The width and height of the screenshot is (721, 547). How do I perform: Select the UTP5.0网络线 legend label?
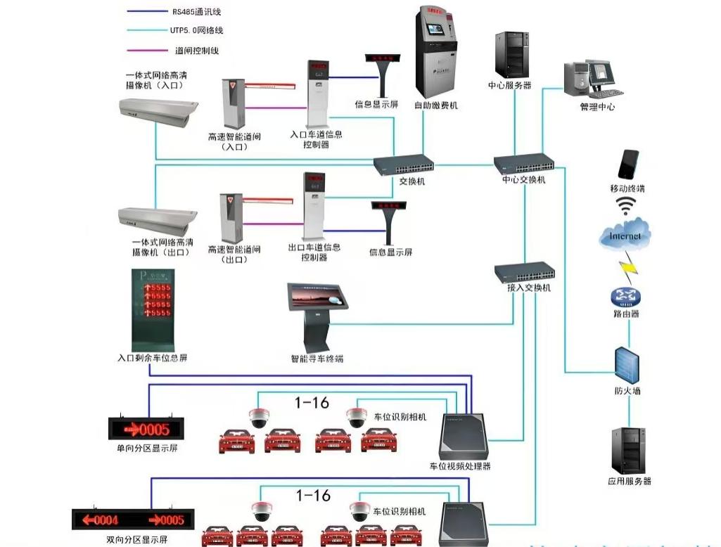[x=196, y=31]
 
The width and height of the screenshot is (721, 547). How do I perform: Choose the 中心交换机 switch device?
[x=524, y=164]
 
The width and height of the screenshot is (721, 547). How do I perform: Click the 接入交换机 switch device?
[x=525, y=272]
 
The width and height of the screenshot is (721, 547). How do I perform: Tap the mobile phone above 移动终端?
[x=627, y=165]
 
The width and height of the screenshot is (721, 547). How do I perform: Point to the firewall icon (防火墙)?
[x=625, y=365]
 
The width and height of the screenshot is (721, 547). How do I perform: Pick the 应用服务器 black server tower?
[x=627, y=450]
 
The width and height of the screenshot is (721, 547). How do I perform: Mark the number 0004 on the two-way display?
[x=100, y=520]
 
